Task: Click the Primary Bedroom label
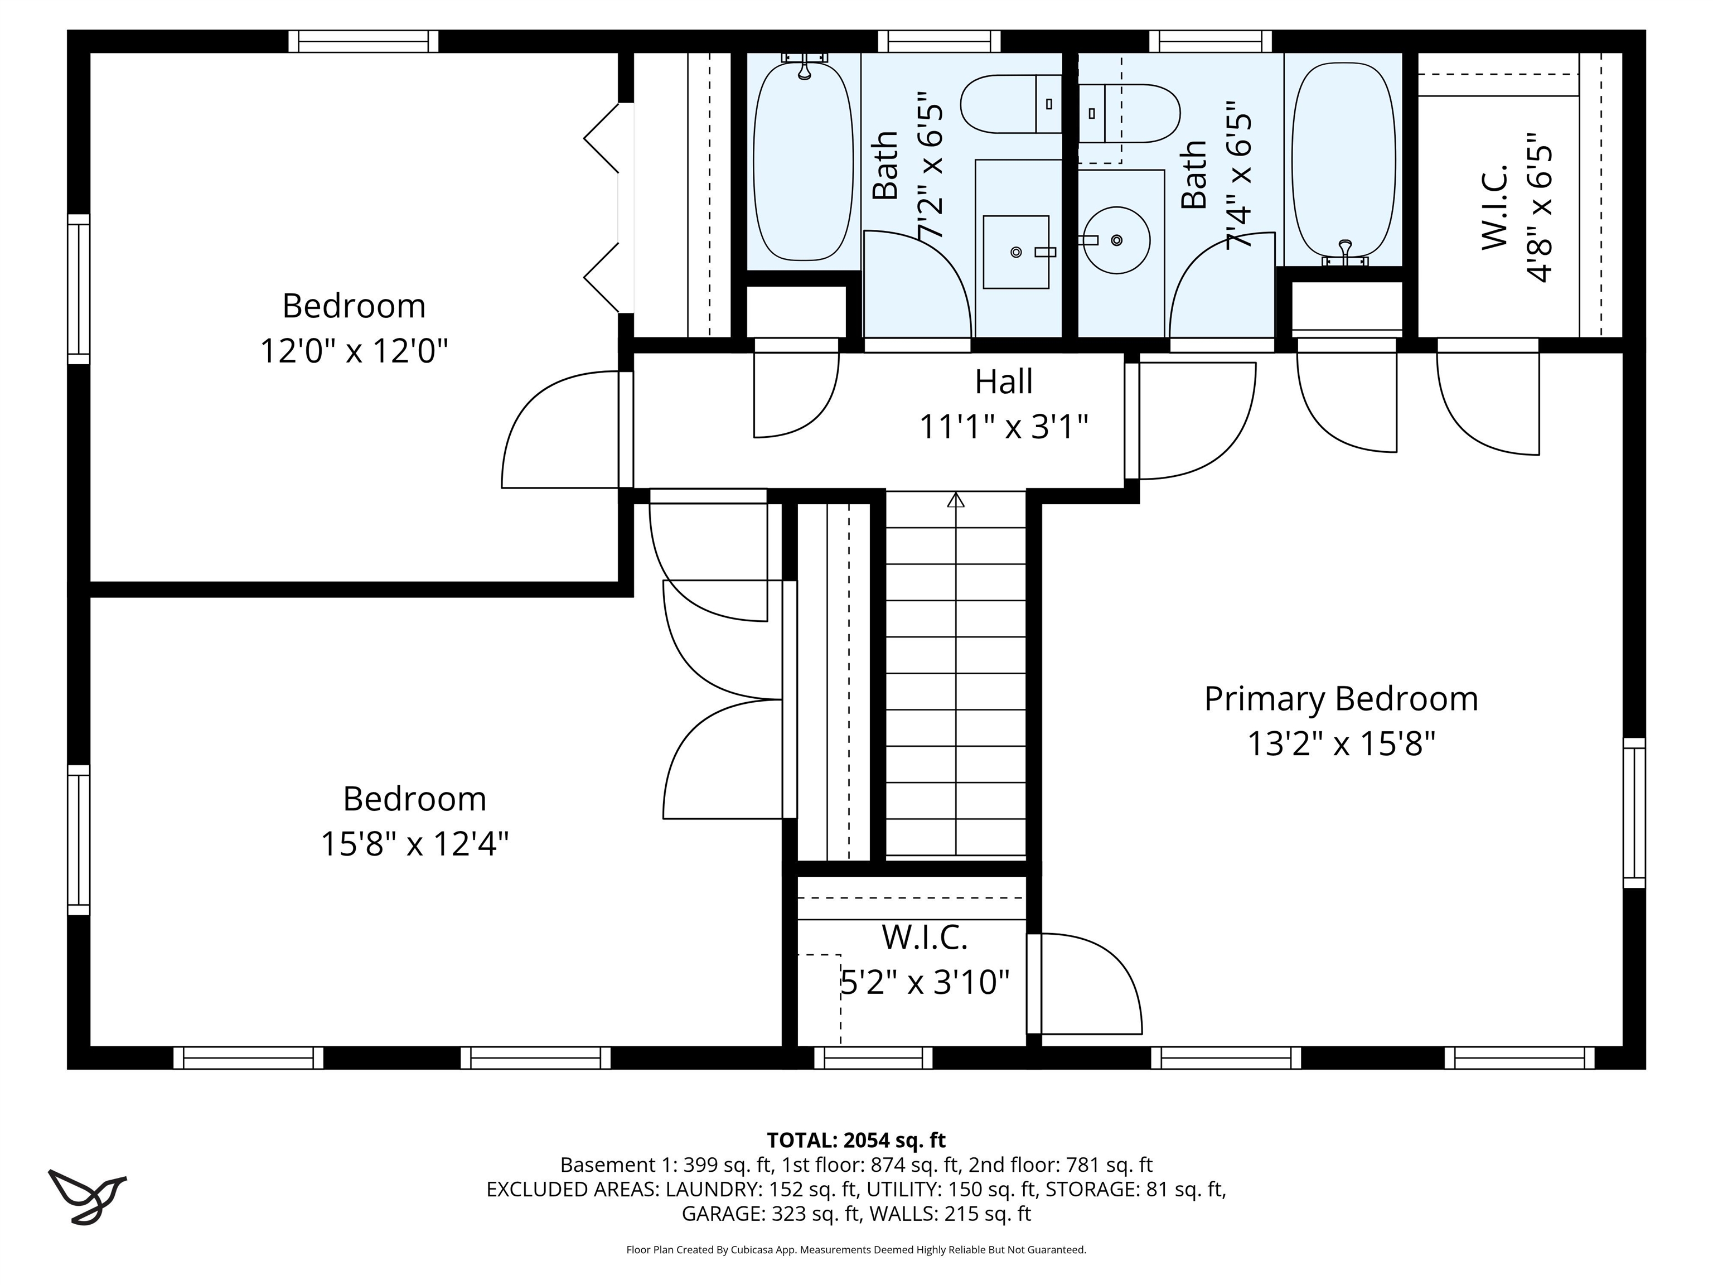(x=1341, y=699)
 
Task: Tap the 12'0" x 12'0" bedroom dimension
(x=354, y=351)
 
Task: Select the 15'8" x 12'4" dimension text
(x=414, y=843)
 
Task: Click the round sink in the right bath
(x=1116, y=240)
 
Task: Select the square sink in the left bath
(x=1015, y=252)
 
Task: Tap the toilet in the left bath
(x=1010, y=104)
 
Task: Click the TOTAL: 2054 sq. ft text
(x=856, y=1140)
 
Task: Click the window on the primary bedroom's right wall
(x=1633, y=813)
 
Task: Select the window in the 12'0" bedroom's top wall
(x=363, y=41)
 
